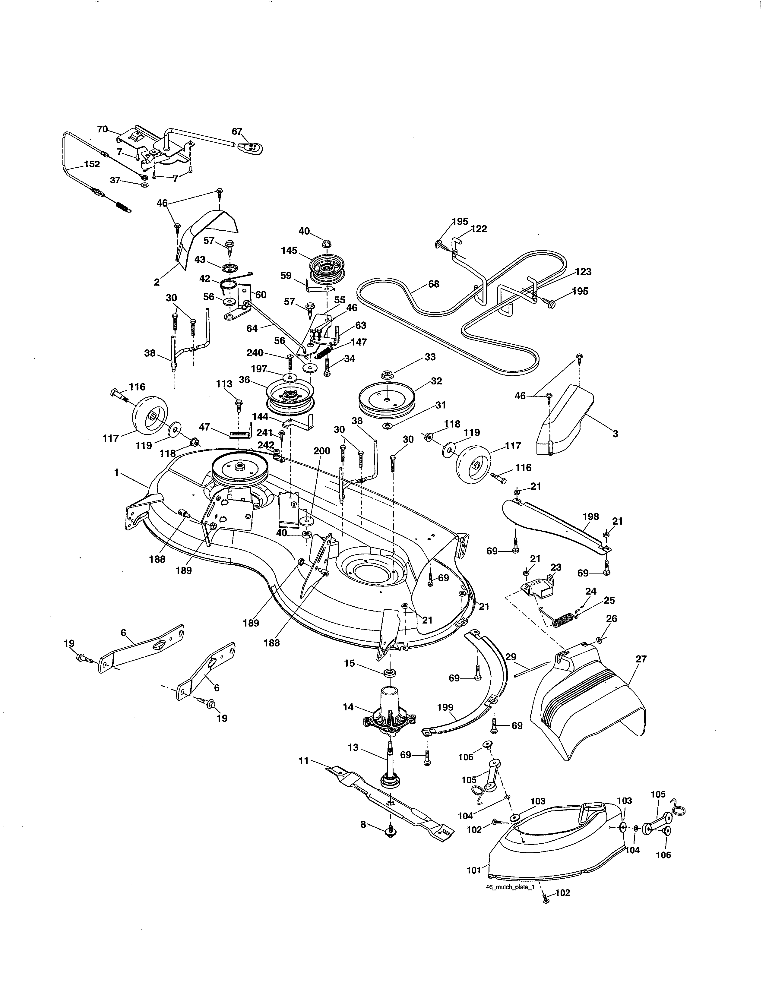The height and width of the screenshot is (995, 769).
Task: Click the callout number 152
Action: point(92,164)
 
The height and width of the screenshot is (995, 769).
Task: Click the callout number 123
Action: point(583,272)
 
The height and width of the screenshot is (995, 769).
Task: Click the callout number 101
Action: point(474,870)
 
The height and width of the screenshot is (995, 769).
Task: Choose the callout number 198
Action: point(590,516)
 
